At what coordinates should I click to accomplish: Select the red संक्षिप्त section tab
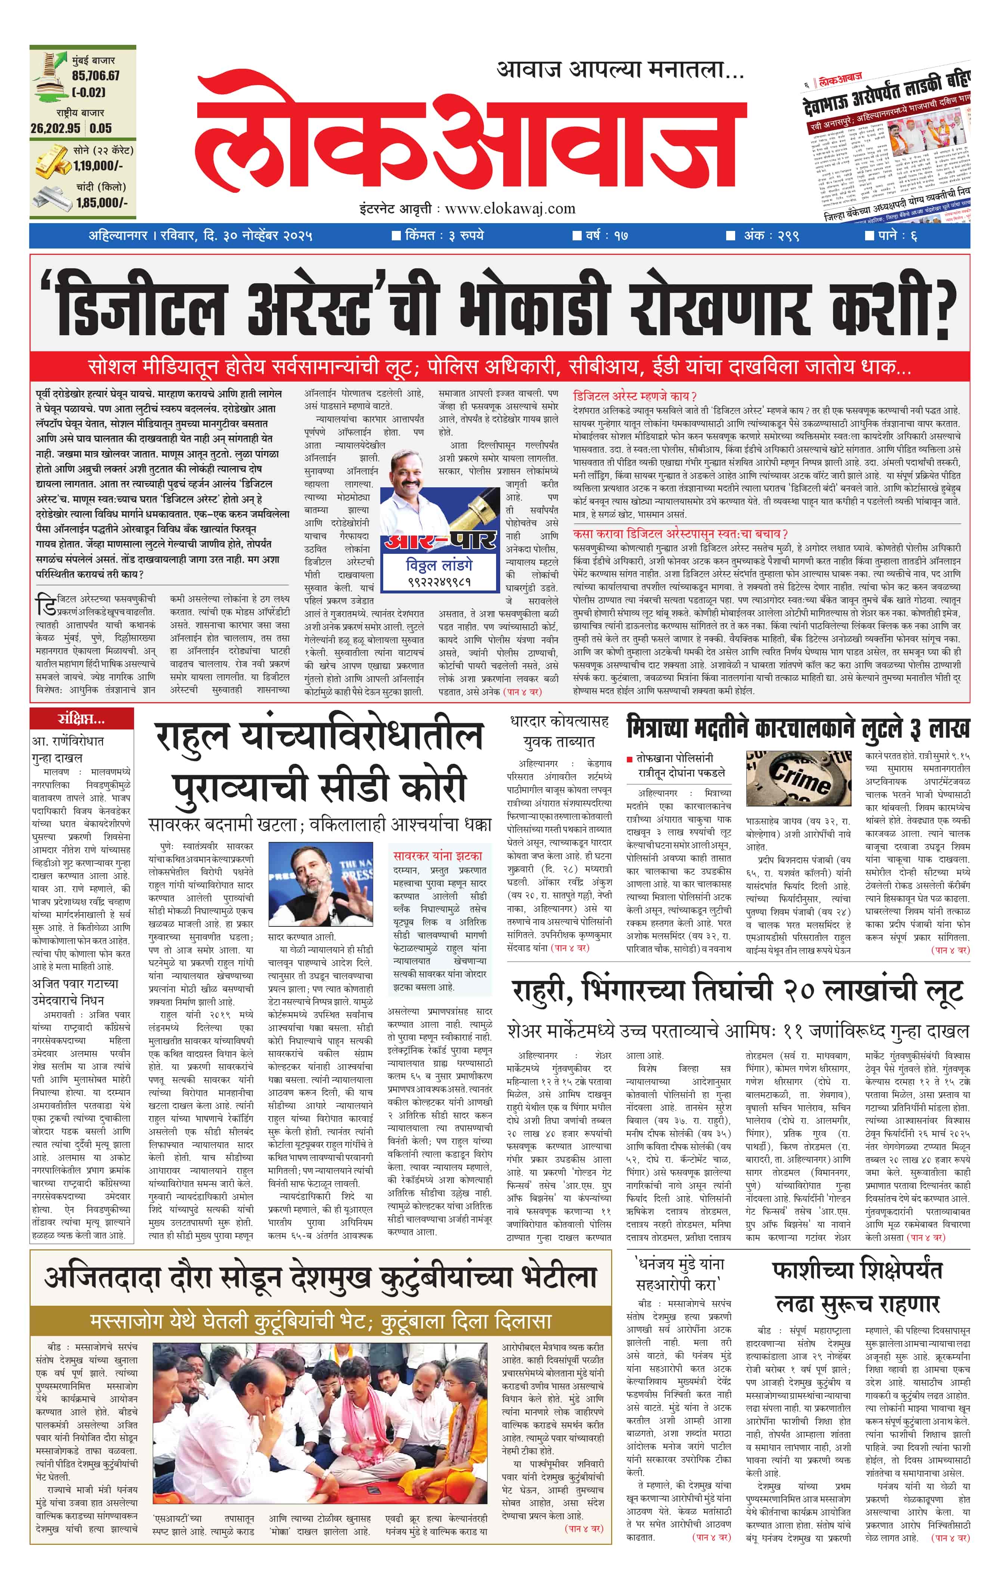(x=81, y=718)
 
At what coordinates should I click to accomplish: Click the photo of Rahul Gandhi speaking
(x=321, y=884)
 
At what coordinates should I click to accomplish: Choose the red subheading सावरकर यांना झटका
(x=437, y=856)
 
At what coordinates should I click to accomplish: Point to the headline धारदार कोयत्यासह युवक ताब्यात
(x=559, y=731)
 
